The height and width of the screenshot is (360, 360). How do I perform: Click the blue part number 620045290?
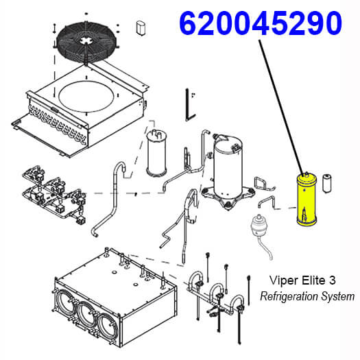pyautogui.click(x=261, y=23)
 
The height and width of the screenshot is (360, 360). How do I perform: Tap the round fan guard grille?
pyautogui.click(x=86, y=42)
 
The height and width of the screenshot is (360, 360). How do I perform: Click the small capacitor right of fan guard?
pyautogui.click(x=141, y=28)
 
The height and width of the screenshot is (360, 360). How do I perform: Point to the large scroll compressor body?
pyautogui.click(x=228, y=167)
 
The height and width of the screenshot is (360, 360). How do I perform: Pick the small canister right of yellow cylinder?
pyautogui.click(x=327, y=184)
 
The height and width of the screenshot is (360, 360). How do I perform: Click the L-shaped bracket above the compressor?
pyautogui.click(x=190, y=105)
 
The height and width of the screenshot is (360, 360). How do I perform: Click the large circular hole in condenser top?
pyautogui.click(x=86, y=97)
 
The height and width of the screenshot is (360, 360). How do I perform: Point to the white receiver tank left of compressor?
pyautogui.click(x=156, y=153)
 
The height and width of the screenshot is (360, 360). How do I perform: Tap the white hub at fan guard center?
pyautogui.click(x=86, y=41)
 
